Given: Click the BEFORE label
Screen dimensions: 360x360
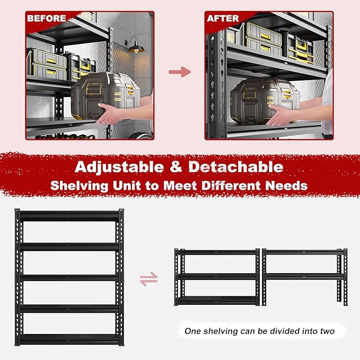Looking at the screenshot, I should click(x=47, y=18).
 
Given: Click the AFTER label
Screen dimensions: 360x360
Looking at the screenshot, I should click(x=223, y=18).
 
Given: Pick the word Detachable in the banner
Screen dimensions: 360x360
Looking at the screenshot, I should click(x=236, y=166).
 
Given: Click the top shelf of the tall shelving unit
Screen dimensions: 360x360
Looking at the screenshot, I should click(x=69, y=216).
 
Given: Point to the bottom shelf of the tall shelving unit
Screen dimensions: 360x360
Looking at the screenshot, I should click(x=69, y=339).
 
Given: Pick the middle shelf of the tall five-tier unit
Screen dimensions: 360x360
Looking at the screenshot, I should click(x=69, y=277).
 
